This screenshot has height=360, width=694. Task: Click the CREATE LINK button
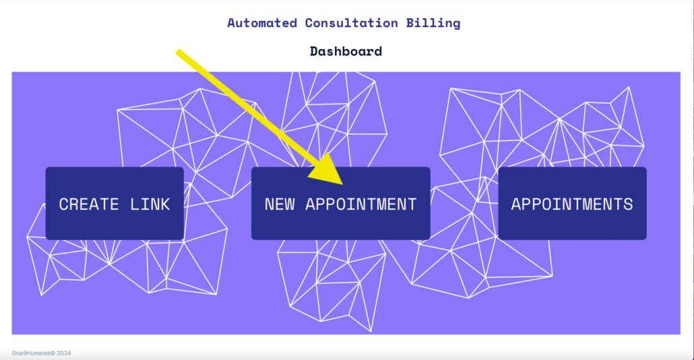click(x=115, y=203)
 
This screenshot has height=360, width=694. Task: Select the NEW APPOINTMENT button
click(x=341, y=203)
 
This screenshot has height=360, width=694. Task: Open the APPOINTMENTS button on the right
click(x=572, y=203)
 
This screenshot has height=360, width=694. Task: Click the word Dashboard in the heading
click(x=346, y=51)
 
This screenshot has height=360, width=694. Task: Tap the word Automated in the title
click(x=262, y=23)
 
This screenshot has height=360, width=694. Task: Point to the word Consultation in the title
click(x=352, y=23)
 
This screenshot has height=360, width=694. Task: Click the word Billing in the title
click(x=433, y=24)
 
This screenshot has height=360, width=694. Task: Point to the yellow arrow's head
click(x=327, y=170)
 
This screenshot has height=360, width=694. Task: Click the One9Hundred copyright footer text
click(x=41, y=353)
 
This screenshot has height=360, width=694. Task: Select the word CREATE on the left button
click(x=89, y=204)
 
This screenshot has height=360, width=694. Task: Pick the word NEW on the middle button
click(x=280, y=204)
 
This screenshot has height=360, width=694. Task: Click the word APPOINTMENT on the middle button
click(x=361, y=204)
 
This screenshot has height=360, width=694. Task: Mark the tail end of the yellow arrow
click(x=178, y=52)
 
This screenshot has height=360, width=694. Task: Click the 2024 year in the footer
click(x=64, y=353)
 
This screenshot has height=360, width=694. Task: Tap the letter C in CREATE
click(x=64, y=204)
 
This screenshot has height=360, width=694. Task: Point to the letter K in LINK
click(x=165, y=204)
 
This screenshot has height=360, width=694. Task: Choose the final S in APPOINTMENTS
click(x=628, y=204)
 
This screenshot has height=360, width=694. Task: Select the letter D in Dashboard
click(x=314, y=51)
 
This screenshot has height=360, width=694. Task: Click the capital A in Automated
click(x=232, y=23)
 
